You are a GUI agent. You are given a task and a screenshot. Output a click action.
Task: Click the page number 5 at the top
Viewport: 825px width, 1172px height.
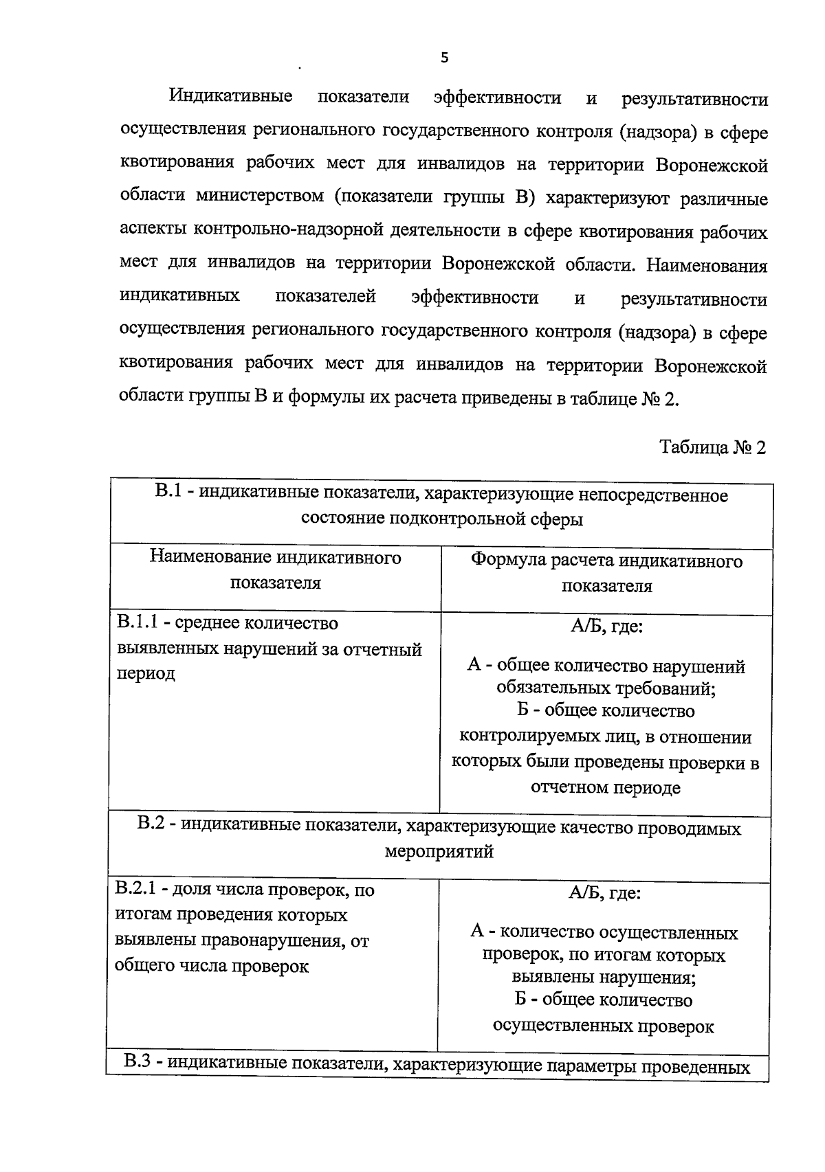(444, 58)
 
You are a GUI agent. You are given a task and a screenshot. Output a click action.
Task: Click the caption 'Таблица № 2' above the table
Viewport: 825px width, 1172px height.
(712, 447)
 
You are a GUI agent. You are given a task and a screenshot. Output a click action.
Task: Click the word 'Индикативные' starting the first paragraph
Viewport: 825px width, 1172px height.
(231, 96)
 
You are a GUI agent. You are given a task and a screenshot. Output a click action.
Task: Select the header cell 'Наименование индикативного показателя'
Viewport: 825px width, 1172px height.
(275, 570)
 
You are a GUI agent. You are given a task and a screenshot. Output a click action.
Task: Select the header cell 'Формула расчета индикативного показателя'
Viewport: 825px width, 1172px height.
(606, 574)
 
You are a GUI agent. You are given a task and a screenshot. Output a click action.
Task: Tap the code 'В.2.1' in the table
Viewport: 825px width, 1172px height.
(137, 890)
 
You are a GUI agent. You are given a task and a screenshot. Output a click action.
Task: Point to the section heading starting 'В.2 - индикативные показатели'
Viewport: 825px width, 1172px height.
(439, 828)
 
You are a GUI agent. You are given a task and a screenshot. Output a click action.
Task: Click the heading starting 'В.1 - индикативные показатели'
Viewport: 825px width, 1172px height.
(441, 495)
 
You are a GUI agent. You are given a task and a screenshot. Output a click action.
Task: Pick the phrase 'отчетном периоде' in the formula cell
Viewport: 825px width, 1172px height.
(605, 787)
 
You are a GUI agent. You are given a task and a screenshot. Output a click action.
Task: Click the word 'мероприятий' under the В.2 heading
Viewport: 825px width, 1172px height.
(439, 852)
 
